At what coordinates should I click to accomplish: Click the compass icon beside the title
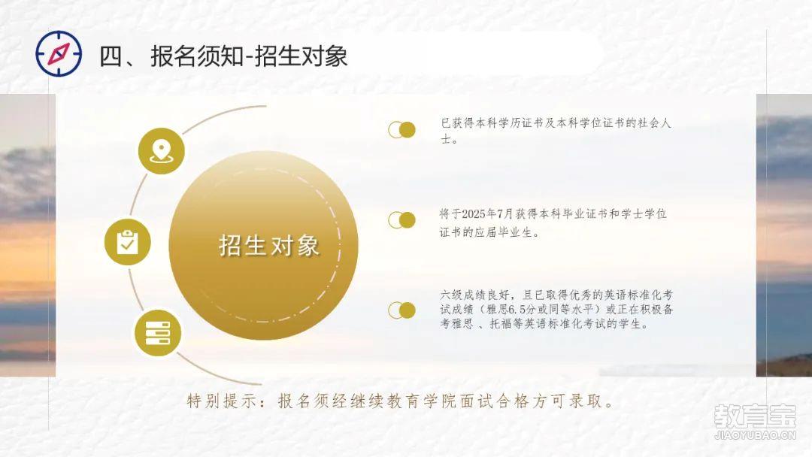point(59,54)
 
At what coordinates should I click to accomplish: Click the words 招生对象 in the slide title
point(301,56)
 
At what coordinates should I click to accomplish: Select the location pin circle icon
point(161,151)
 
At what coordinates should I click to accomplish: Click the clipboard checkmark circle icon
point(127,242)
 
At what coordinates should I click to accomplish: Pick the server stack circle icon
point(158,333)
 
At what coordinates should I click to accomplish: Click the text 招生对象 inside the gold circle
point(269,245)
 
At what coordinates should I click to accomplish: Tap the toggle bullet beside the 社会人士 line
point(401,130)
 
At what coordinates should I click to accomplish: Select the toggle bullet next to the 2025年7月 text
point(401,220)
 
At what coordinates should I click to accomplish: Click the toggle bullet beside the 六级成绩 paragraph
point(401,310)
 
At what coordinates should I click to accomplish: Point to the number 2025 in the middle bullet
point(474,213)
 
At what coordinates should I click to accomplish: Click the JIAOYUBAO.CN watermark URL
point(755,435)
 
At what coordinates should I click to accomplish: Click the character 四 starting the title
point(111,56)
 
